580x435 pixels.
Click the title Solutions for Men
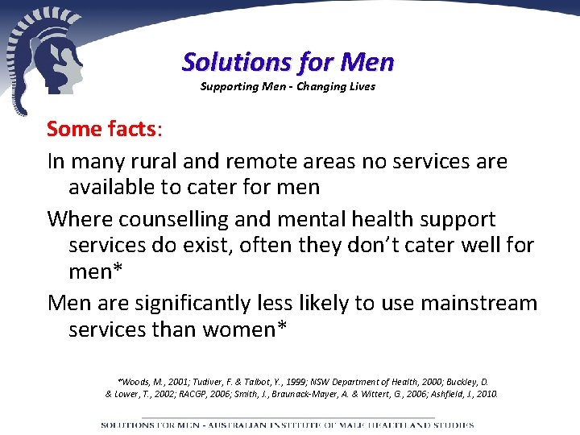point(288,61)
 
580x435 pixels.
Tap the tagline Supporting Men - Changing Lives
point(288,86)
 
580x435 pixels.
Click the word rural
point(155,161)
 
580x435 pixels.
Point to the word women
point(237,329)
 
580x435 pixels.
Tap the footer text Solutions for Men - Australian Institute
point(287,424)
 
